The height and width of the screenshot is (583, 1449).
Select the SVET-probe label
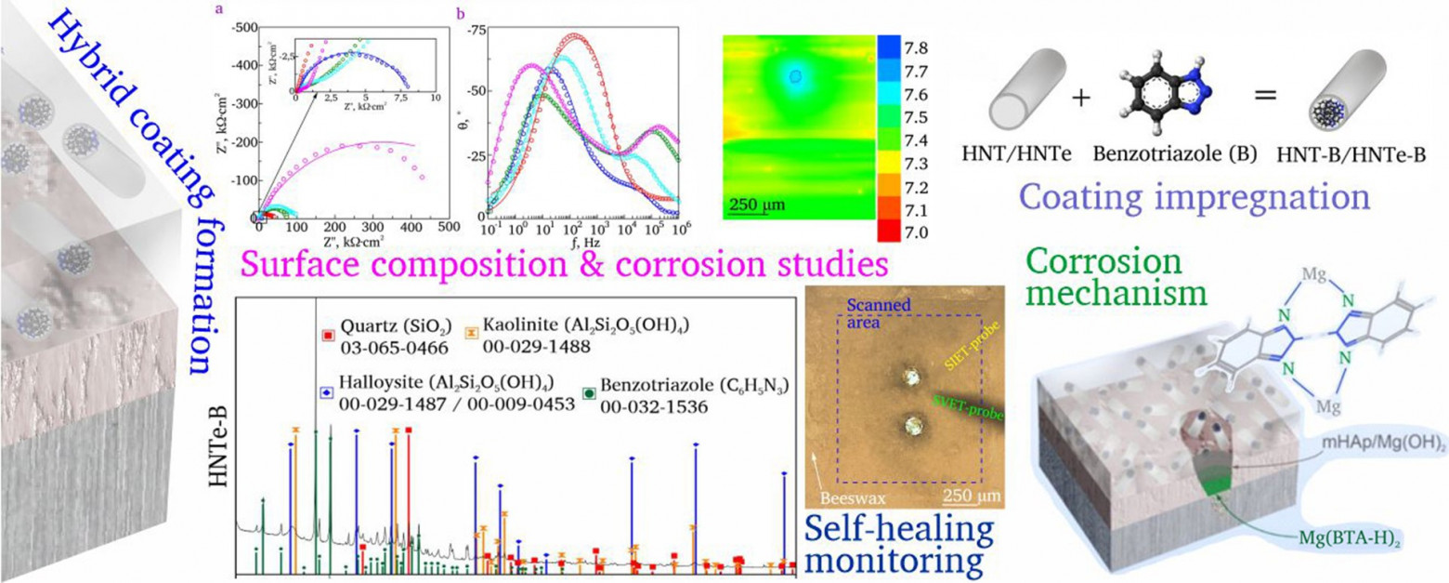[x=966, y=402]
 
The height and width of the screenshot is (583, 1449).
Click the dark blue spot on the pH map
[x=795, y=79]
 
